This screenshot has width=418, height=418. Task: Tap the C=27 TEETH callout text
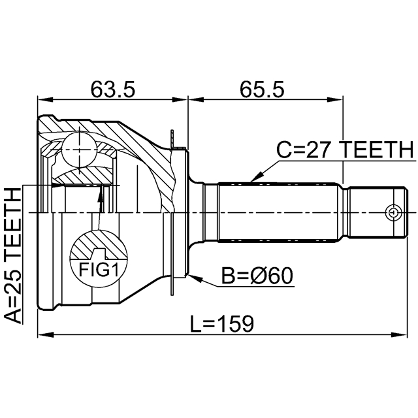[x=345, y=150]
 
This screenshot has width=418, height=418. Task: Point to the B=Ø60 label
[x=257, y=276]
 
